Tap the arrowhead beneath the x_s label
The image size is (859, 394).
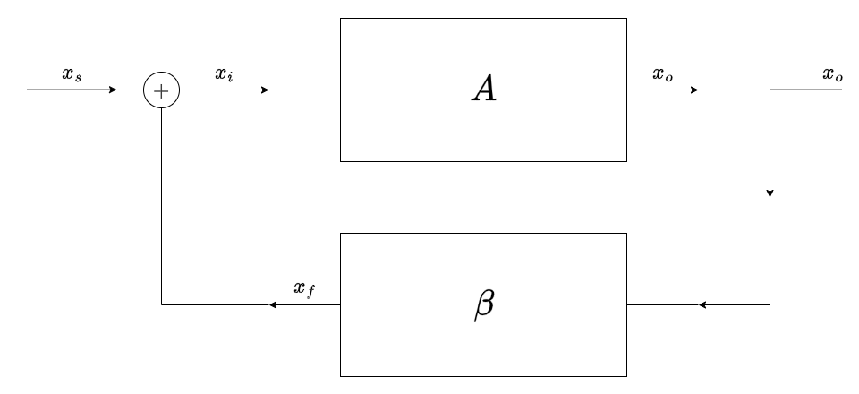point(113,90)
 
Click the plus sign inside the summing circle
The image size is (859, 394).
point(161,90)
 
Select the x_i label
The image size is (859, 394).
point(224,74)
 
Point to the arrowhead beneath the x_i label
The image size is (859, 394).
point(265,90)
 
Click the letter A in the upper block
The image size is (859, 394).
point(483,90)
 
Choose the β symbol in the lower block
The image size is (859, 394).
point(483,305)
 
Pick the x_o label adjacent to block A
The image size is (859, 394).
point(663,74)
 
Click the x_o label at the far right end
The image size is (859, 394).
point(832,74)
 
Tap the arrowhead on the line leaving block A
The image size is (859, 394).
point(694,90)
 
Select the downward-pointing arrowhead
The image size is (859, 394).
point(770,193)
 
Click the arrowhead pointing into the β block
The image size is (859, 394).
point(702,305)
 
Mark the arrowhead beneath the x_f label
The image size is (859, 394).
point(273,305)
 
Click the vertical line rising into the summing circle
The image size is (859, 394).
point(161,206)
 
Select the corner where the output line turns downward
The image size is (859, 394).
point(770,90)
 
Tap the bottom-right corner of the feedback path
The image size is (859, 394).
point(770,305)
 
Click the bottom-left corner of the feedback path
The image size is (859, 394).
point(161,305)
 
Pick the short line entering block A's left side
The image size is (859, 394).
point(304,90)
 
